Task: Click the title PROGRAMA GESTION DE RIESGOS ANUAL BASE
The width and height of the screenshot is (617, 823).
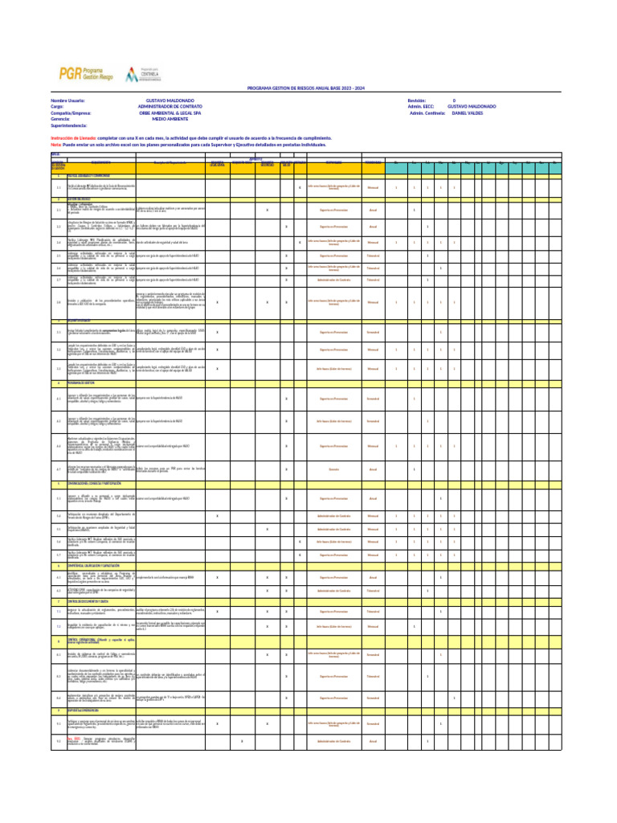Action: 305,88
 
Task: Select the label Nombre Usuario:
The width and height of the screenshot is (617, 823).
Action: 67,100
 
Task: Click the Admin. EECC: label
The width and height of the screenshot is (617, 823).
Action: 421,106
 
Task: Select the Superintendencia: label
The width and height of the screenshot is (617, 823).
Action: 74,125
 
